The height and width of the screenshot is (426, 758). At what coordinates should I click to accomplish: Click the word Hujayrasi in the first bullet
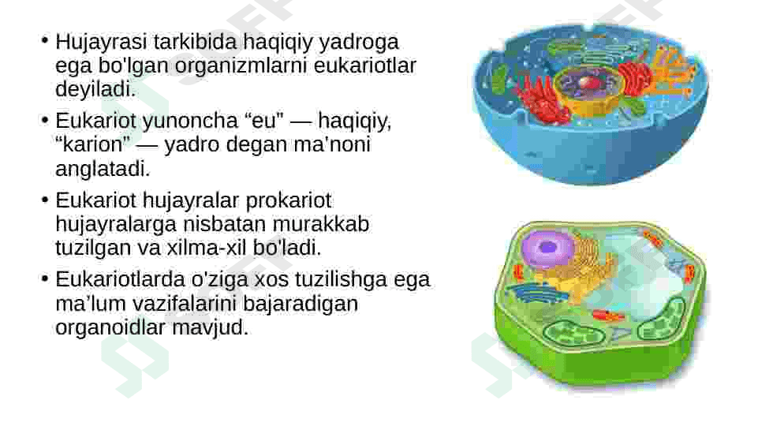point(101,43)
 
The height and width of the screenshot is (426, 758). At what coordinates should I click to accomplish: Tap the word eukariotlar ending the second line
point(365,65)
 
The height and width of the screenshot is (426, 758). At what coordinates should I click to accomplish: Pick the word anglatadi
point(103,169)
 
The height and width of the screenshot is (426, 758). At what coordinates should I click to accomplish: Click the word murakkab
point(321,224)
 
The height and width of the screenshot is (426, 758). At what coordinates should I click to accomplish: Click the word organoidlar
point(110,327)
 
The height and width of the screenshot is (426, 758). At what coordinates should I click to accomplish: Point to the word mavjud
point(211,327)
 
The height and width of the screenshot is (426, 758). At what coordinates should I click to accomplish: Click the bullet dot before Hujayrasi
point(45,40)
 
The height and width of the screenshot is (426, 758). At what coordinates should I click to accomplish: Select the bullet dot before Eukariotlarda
point(45,278)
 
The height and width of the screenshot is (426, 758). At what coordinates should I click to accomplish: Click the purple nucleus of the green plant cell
point(547,248)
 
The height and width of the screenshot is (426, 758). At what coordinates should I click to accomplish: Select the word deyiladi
point(95,89)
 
